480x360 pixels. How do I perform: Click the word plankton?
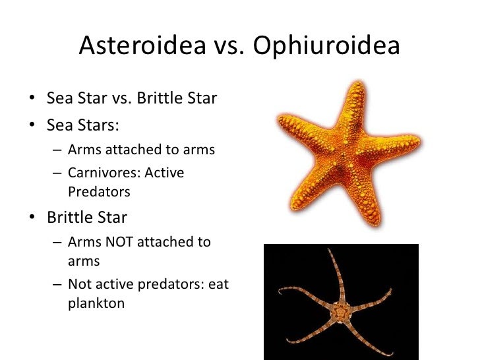point(96,305)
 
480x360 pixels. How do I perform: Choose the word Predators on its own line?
point(99,193)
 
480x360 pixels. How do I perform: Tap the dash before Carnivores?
point(57,173)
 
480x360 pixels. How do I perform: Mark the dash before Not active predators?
point(57,285)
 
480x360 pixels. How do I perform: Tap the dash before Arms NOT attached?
point(57,242)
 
